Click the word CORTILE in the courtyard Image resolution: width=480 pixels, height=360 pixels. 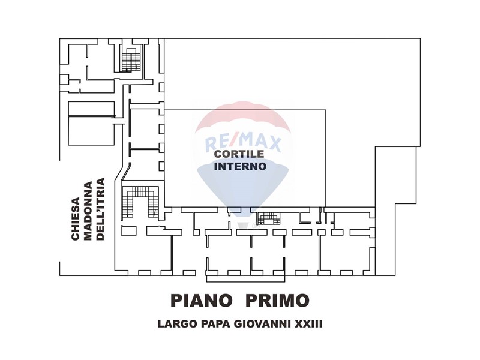click(x=239, y=154)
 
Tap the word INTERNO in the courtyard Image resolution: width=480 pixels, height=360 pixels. click(x=240, y=166)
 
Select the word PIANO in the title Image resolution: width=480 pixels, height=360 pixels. click(x=201, y=301)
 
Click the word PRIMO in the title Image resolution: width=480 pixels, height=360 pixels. click(x=277, y=301)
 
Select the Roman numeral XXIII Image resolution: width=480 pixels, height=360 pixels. click(x=308, y=324)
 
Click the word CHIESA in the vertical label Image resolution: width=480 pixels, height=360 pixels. click(x=76, y=218)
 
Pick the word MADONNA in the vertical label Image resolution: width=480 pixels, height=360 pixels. click(x=88, y=211)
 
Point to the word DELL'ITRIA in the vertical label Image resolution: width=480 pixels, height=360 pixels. click(x=100, y=209)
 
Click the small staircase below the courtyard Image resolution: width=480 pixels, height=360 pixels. click(x=268, y=218)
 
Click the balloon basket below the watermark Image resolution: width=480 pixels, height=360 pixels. click(x=244, y=226)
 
